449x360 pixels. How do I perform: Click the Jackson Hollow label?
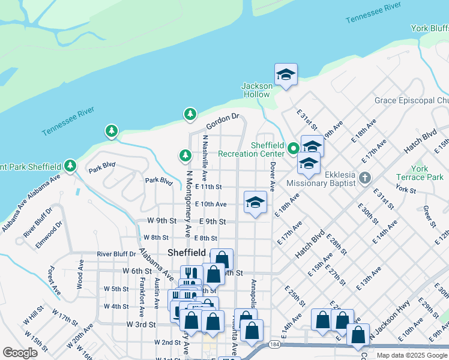[x=256, y=90]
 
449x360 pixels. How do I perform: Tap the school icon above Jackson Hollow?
[x=286, y=75]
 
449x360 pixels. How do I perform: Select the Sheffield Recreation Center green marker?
[x=294, y=148]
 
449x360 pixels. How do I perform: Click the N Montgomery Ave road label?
[x=187, y=203]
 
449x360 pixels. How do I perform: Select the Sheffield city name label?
[x=186, y=253]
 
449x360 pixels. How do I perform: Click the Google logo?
[x=20, y=353]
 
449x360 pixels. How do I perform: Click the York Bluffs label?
[x=429, y=28]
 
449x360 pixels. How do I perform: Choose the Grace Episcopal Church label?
[x=411, y=100]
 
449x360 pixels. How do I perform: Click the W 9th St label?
[x=162, y=221]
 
